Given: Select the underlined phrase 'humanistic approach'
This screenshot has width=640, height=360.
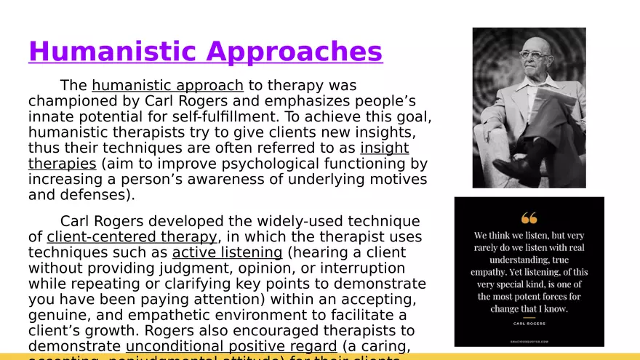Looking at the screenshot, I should [167, 86].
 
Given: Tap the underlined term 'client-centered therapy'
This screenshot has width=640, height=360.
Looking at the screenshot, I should [132, 237].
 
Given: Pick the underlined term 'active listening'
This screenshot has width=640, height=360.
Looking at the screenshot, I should [227, 252].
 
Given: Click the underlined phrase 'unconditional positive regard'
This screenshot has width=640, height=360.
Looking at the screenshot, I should [231, 346].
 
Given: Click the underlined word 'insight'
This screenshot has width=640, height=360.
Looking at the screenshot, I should [384, 148].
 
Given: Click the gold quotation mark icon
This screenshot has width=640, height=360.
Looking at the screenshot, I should [529, 217].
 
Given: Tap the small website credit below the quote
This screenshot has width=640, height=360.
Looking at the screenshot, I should [529, 340].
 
